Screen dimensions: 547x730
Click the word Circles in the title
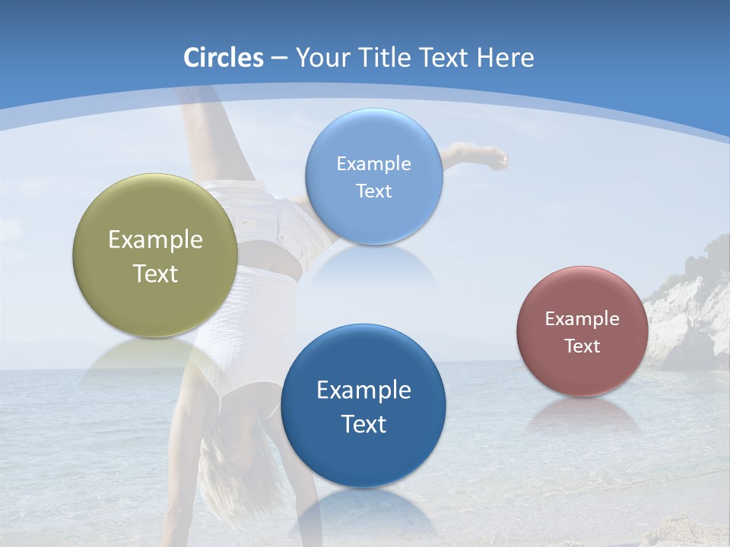tap(224, 58)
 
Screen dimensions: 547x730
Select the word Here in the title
tap(506, 58)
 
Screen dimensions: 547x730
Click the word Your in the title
tap(320, 58)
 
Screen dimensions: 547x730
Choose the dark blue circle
tap(363, 456)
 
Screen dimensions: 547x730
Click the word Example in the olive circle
tap(155, 240)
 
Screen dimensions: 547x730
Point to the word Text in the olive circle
tap(155, 273)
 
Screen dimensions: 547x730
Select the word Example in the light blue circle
tap(373, 164)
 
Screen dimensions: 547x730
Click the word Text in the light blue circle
tap(373, 191)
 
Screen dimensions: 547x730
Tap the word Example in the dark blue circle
tap(363, 390)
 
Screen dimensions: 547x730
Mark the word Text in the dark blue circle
tap(363, 424)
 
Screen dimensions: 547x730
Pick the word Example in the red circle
tap(582, 319)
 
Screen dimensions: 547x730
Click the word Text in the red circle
tap(582, 346)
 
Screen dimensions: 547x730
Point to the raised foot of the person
tap(493, 158)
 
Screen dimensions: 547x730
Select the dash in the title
tap(279, 58)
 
